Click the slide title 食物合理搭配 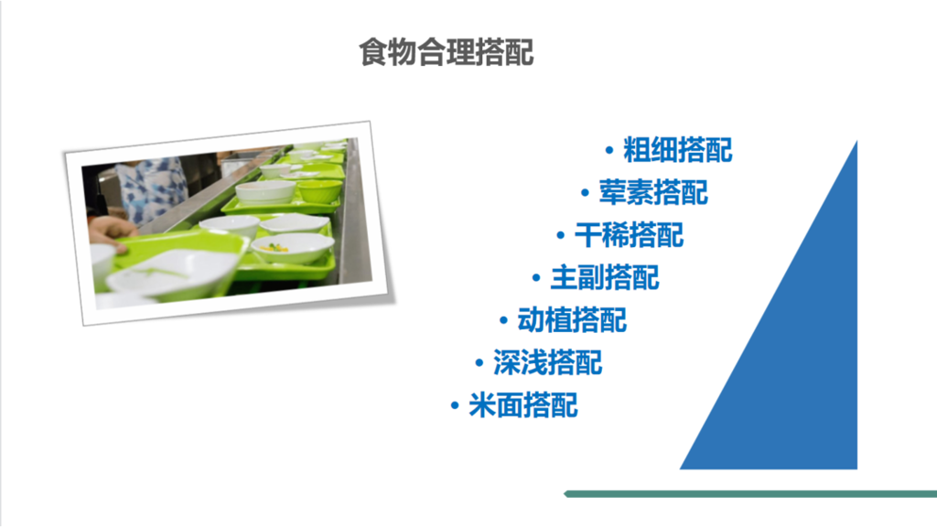[x=446, y=52]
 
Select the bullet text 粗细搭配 [x=678, y=149]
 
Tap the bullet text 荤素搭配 [x=653, y=192]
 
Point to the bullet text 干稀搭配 [x=629, y=235]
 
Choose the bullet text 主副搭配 [x=604, y=277]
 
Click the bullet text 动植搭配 [x=572, y=320]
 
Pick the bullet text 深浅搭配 [x=547, y=363]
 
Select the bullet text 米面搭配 [x=523, y=405]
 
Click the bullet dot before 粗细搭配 [x=609, y=150]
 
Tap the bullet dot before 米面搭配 [x=455, y=406]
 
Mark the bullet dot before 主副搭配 [x=535, y=278]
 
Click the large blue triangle [x=805, y=366]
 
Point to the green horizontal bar [x=750, y=494]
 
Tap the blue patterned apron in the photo [x=151, y=188]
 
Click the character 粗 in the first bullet [x=637, y=149]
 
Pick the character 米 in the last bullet [x=482, y=405]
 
